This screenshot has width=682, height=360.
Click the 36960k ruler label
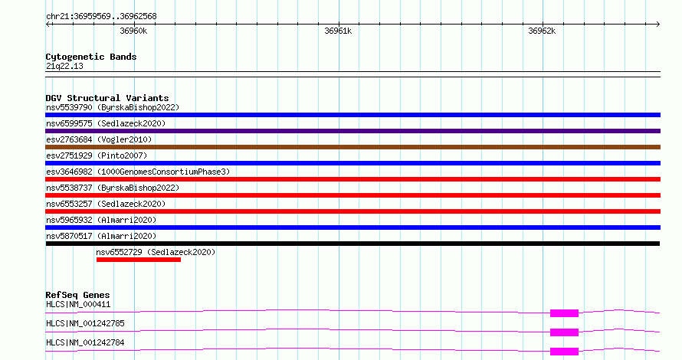point(133,31)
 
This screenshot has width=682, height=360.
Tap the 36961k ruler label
point(338,31)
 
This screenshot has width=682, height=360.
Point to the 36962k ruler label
point(542,31)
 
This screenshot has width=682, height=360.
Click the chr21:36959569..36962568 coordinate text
point(101,16)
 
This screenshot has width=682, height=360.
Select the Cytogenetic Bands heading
point(91,57)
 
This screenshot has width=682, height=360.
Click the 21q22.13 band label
point(64,66)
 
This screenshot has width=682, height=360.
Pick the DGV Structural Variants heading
point(107,98)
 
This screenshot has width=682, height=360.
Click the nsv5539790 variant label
point(69,107)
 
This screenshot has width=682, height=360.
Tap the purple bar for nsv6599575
point(352,131)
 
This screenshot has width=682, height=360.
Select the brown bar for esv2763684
point(352,147)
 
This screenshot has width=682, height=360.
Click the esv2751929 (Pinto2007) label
point(97,155)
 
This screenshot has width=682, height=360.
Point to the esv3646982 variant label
point(69,172)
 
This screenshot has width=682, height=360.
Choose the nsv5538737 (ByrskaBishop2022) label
point(113,188)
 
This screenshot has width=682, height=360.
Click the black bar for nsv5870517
point(352,244)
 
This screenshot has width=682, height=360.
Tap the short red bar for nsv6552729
point(138,260)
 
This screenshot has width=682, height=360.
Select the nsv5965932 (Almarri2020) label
point(101,220)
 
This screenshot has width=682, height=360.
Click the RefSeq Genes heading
point(77,295)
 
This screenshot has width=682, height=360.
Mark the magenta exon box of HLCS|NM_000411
point(564,313)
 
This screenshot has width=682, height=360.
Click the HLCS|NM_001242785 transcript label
point(85,323)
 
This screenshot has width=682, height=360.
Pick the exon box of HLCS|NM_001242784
point(564,352)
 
